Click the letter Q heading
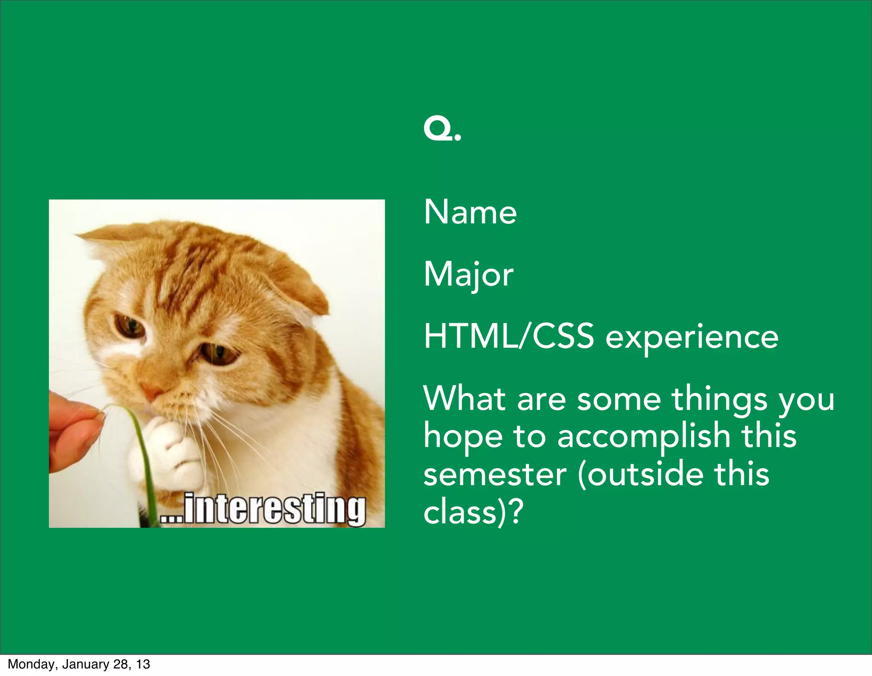[439, 131]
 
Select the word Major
[468, 275]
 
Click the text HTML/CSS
[508, 337]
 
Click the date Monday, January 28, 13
[79, 664]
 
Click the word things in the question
[720, 399]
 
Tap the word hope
[463, 438]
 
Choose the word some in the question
[619, 399]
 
